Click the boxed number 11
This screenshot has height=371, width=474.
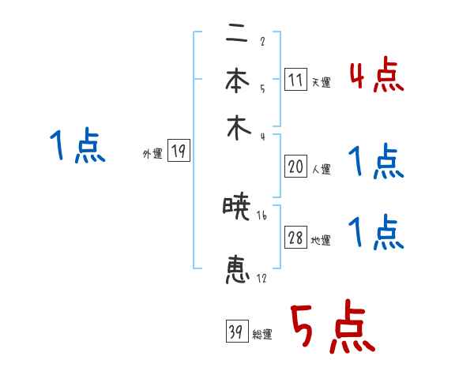click(295, 80)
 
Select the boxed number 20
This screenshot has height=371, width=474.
click(295, 167)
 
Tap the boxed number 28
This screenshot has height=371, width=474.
click(295, 238)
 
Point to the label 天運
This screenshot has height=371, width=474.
click(321, 82)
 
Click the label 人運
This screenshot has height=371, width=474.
click(321, 169)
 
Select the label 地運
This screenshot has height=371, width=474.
click(321, 240)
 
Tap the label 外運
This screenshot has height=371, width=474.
click(152, 154)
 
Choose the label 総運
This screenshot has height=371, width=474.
click(262, 335)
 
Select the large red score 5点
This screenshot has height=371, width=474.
click(331, 328)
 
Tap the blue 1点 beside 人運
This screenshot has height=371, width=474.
click(376, 163)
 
